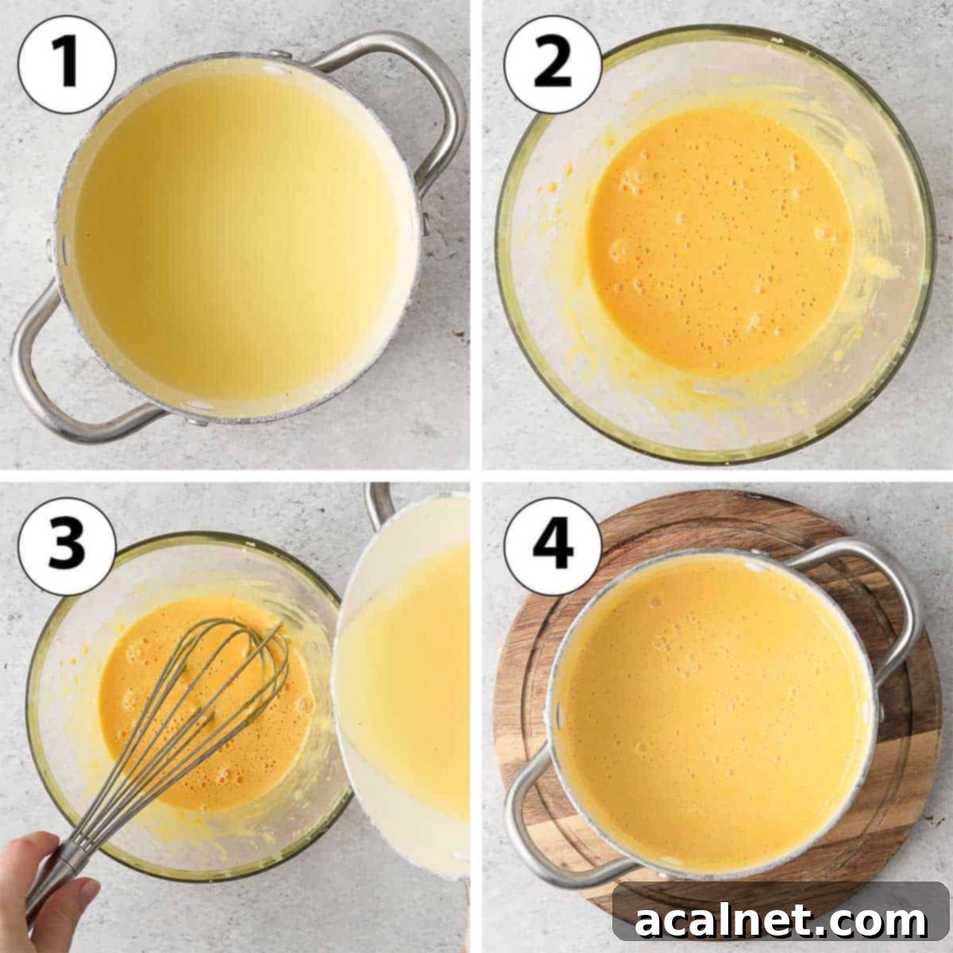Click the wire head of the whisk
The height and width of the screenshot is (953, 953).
tap(214, 707)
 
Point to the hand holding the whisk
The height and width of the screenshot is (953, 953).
tap(40, 889)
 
